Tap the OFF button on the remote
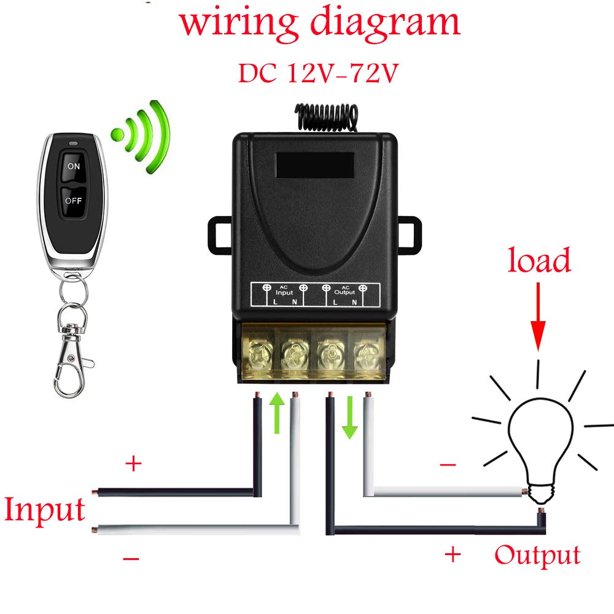click(x=73, y=201)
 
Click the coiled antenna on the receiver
click(x=327, y=117)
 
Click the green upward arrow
click(x=278, y=413)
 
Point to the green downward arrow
click(x=350, y=418)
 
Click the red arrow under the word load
click(x=538, y=317)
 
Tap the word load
click(x=539, y=260)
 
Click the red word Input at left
click(x=45, y=510)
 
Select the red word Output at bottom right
click(x=537, y=556)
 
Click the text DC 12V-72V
click(x=318, y=73)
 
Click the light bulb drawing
click(x=540, y=450)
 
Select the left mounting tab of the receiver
click(x=220, y=235)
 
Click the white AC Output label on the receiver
click(x=344, y=290)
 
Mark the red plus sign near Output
click(x=453, y=554)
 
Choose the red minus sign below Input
click(x=131, y=558)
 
